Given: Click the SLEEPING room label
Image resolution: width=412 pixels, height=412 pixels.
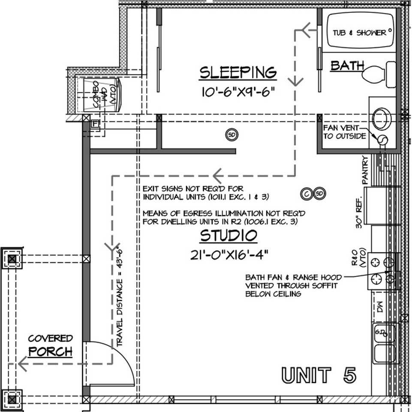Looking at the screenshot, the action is pos(238,73).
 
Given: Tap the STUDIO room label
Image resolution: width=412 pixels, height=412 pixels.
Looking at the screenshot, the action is pos(229,236).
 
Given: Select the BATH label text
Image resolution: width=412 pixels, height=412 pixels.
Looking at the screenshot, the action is pos(347,66).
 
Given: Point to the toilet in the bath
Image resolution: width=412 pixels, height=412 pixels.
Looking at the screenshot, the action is pos(379,74).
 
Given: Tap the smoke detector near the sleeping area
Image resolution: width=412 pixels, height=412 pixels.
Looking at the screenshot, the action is pos(232,135).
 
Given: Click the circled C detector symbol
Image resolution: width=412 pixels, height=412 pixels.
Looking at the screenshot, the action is pos(307,194).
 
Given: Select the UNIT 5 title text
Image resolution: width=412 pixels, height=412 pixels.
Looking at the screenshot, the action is pos(319,375).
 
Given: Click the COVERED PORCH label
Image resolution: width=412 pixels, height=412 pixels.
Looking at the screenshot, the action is pos(50,346).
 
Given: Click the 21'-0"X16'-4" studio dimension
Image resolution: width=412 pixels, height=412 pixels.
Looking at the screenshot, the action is pos(229,254).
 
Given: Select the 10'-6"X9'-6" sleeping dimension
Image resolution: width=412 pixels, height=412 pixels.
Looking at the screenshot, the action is pos(238,92).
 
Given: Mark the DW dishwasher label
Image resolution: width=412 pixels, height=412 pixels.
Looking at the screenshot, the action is pos(380,307).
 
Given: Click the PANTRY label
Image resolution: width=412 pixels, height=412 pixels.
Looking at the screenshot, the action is pos(366,170).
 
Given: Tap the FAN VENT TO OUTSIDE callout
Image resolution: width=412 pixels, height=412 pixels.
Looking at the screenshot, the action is pos(344,132).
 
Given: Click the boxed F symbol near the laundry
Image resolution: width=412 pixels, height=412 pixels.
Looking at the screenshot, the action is pos(95,124).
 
